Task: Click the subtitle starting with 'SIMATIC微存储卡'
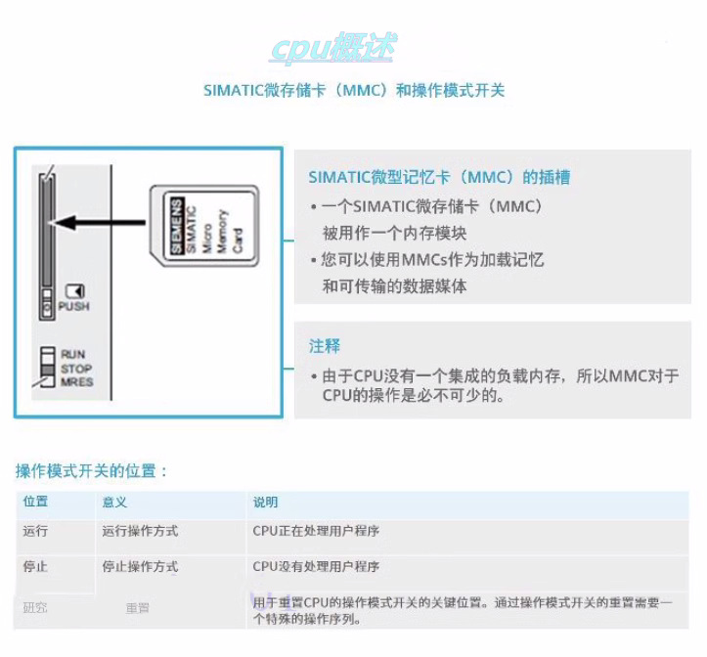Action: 353,91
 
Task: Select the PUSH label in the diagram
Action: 73,306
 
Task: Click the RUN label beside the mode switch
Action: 73,354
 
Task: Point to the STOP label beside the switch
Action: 76,369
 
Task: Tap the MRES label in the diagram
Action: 76,381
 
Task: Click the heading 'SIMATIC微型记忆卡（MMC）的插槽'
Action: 439,178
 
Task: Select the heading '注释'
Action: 325,346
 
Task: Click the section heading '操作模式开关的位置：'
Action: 92,470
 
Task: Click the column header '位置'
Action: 36,502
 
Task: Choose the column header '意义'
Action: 114,502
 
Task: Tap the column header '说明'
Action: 265,502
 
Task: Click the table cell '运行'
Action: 36,531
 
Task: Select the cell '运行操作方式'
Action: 140,531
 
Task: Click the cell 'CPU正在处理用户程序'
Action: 316,531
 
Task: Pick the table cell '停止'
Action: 36,566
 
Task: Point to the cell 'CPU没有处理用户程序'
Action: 316,566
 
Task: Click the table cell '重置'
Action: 137,608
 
